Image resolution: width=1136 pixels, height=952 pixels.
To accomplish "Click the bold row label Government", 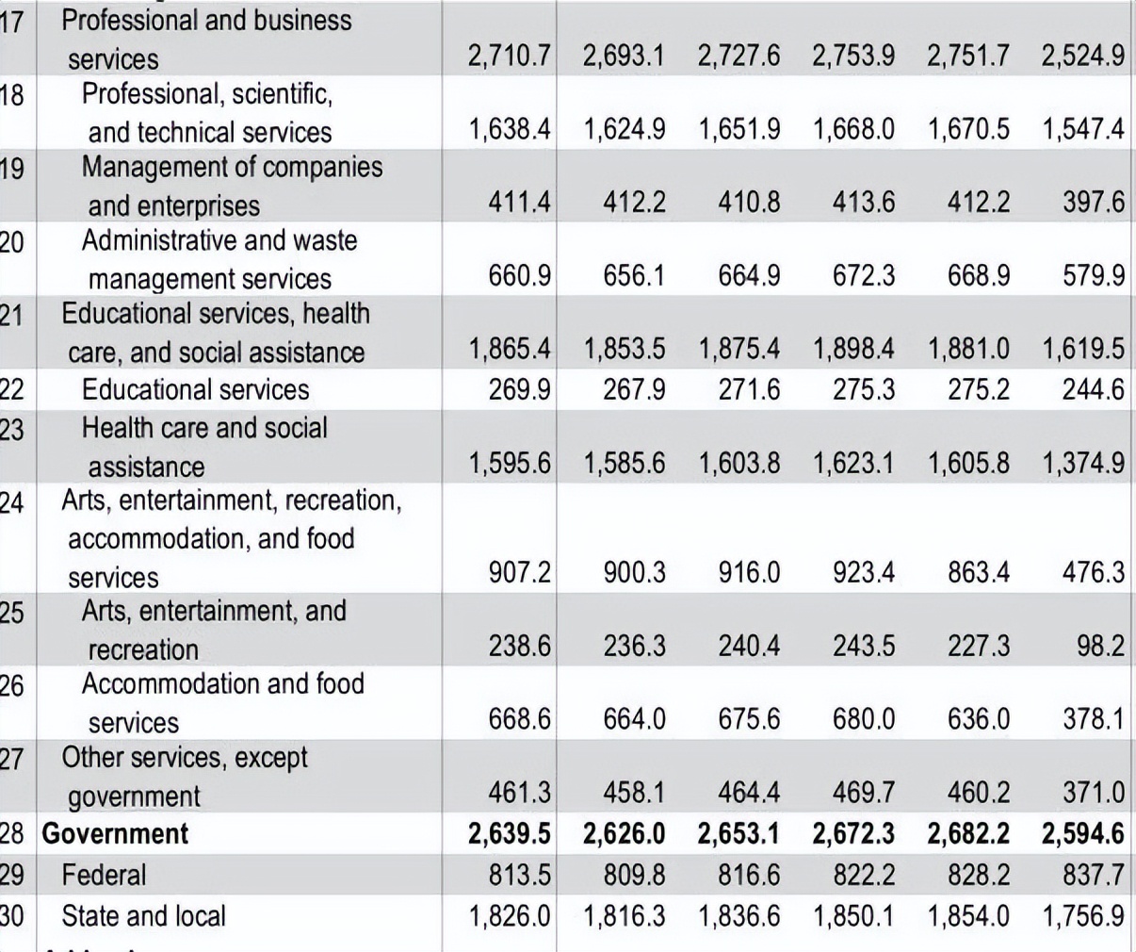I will pos(115,833).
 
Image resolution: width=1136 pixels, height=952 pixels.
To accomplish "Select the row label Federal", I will pos(104,875).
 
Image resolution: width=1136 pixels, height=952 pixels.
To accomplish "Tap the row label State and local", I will pos(143,915).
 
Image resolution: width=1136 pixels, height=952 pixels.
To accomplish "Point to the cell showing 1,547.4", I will pos(1082,129).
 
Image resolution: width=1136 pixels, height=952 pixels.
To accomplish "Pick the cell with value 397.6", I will pos(1094,202).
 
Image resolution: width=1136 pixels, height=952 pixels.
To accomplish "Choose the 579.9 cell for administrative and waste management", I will pos(1094,275).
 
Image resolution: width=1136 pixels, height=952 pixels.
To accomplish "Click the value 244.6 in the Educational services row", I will pos(1094,389).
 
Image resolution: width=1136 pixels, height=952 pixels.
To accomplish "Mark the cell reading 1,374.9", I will pos(1082,463).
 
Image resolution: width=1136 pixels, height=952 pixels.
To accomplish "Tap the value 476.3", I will pos(1094,572).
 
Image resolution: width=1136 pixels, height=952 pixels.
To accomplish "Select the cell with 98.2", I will pos(1100,646).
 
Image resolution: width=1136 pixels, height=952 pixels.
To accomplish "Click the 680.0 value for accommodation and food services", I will pos(863,719).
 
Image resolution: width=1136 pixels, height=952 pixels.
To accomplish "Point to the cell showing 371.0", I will pos(1094,793).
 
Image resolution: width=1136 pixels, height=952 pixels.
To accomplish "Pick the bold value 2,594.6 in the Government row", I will pos(1082,833).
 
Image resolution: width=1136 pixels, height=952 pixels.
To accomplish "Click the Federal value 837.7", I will pos(1094,875).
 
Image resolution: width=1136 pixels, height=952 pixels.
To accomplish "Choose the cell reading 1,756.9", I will pos(1082,915).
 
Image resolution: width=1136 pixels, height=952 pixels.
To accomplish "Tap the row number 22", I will pos(11,389).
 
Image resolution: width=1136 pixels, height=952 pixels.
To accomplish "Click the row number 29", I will pos(11,875).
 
